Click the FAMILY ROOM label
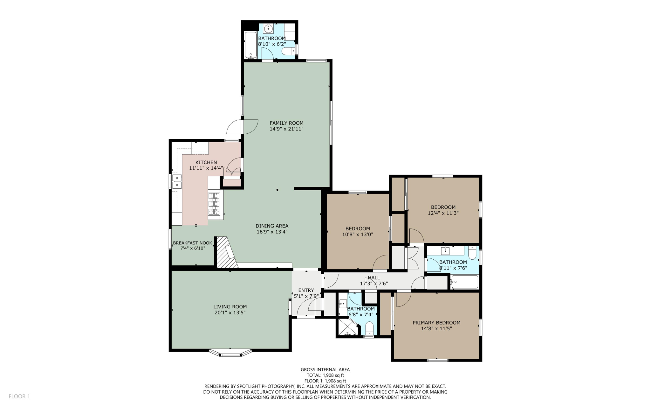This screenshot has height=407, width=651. (x=286, y=123)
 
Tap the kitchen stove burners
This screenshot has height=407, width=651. (x=214, y=204)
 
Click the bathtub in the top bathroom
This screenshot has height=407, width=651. (x=250, y=45)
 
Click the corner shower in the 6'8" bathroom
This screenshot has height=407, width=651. (x=347, y=327)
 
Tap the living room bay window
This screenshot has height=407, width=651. (x=230, y=353)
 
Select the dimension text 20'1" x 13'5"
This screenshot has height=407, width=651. (x=230, y=313)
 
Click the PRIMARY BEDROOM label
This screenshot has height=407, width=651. (x=436, y=323)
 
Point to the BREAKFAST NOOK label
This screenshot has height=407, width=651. (x=192, y=243)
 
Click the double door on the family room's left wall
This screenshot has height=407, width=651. (x=243, y=127)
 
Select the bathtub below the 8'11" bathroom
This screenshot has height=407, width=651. (x=465, y=282)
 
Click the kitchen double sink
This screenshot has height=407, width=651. (x=177, y=181)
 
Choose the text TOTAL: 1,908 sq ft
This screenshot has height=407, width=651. (x=325, y=375)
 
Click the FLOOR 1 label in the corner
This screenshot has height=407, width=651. (x=19, y=396)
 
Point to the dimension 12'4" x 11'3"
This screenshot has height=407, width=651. (x=443, y=213)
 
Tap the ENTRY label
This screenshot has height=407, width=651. (x=306, y=290)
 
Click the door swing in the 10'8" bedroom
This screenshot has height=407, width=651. (x=380, y=263)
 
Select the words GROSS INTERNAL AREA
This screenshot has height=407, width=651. (x=325, y=369)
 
